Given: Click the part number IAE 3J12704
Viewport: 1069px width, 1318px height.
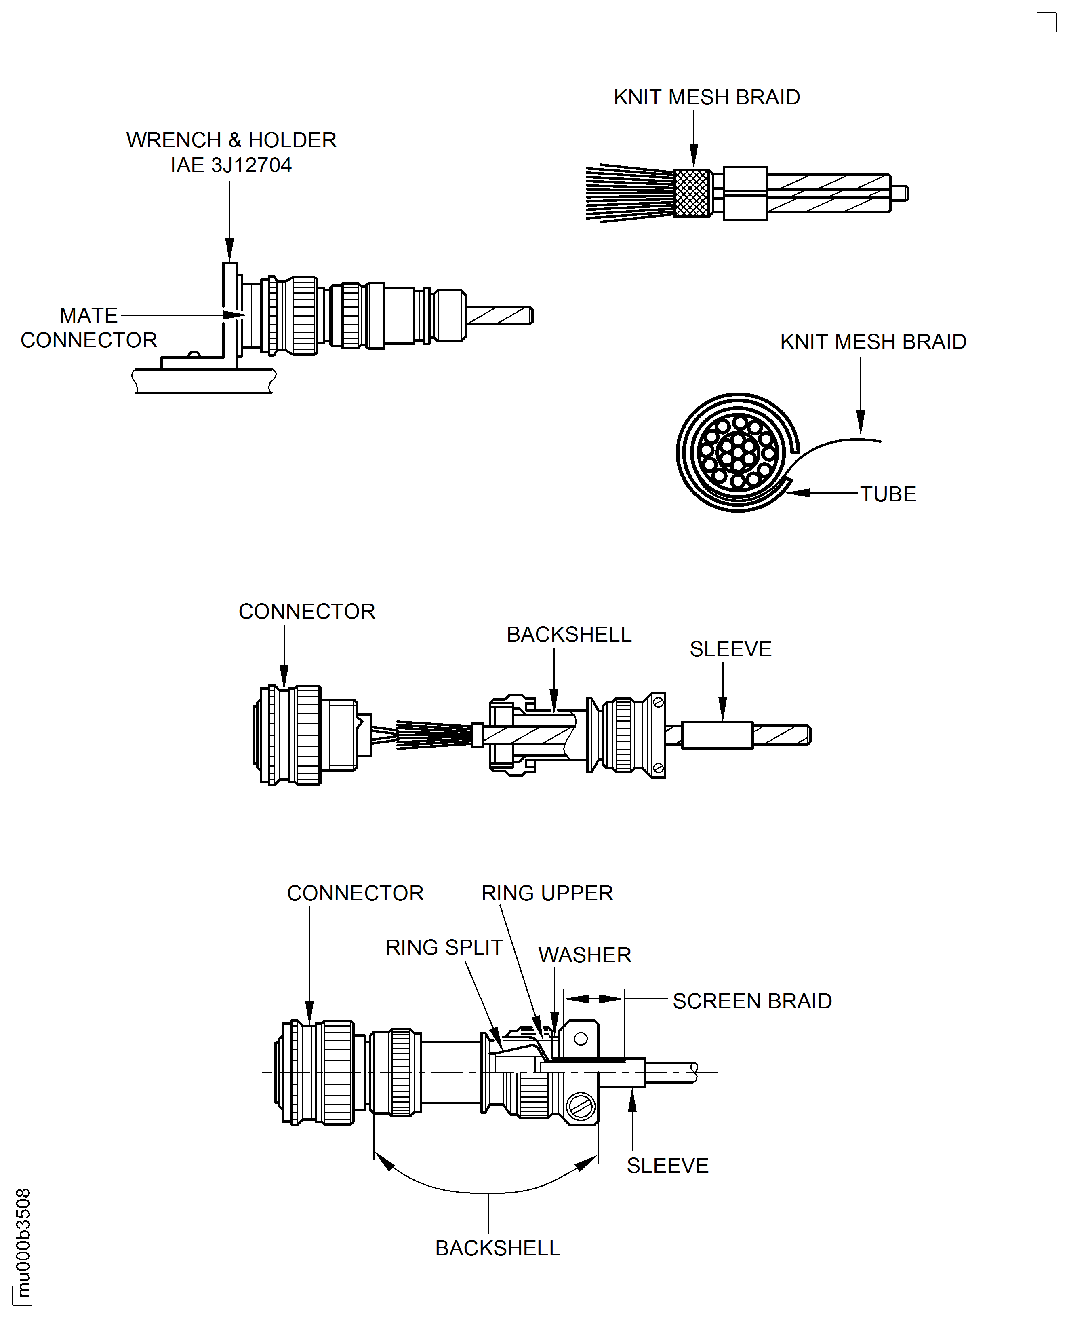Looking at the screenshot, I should coord(231,165).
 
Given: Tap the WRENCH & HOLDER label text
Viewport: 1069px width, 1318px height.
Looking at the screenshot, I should coord(231,140).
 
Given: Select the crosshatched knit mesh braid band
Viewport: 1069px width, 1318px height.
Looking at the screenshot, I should coord(692,193).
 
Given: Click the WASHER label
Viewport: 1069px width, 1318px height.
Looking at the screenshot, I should coord(584,955).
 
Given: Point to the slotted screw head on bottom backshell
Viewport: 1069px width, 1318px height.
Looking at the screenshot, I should coord(580,1107).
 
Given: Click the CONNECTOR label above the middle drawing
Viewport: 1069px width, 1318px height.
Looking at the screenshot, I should coord(307,611).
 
